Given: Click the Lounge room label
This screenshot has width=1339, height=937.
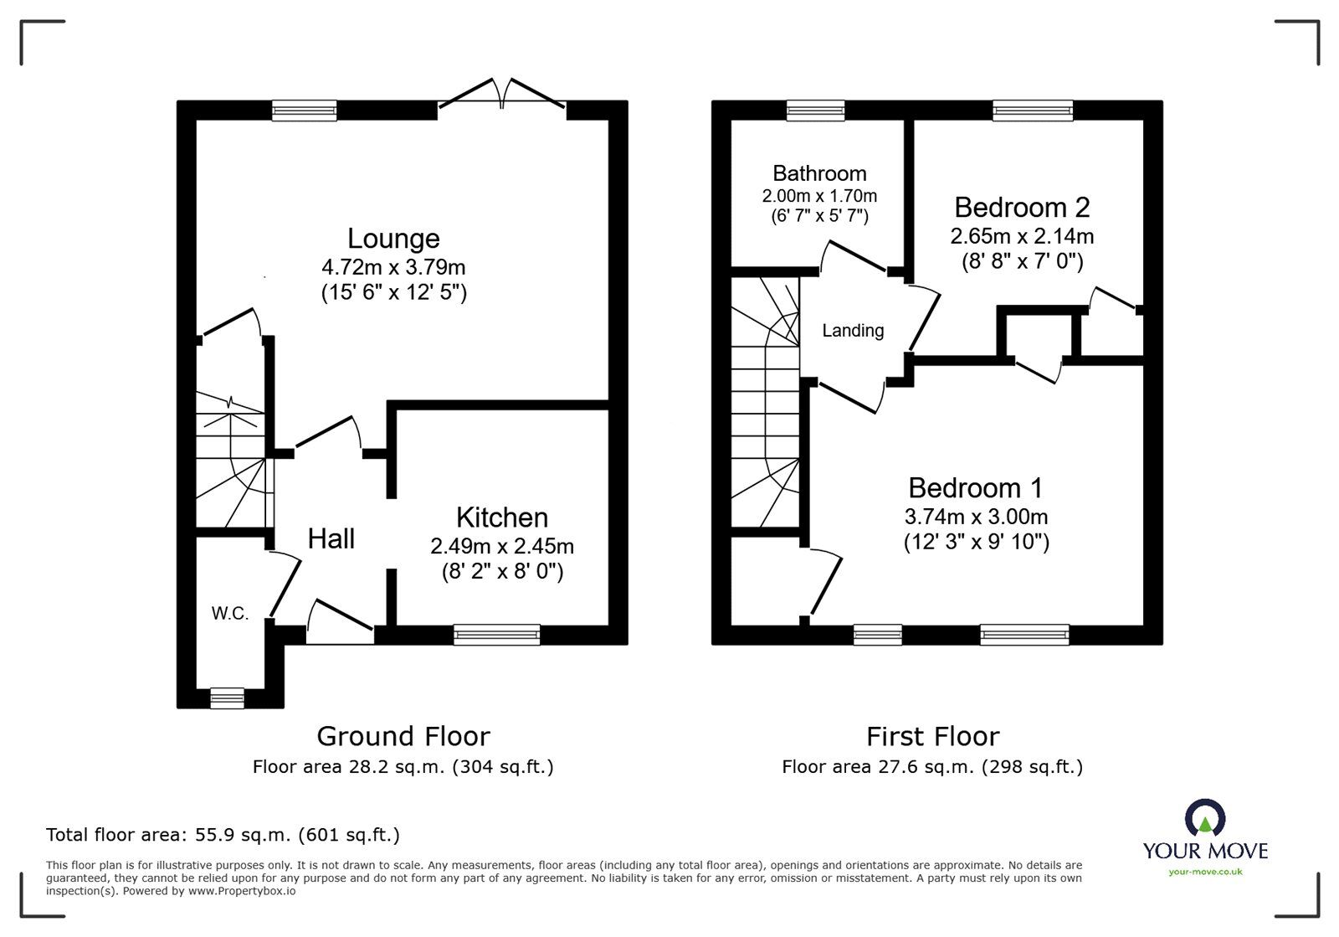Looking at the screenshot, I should (393, 239).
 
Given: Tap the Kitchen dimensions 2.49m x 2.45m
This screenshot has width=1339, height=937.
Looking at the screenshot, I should (502, 547).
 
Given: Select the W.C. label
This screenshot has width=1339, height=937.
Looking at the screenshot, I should (229, 614).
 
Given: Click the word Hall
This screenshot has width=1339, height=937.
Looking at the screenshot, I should (331, 538).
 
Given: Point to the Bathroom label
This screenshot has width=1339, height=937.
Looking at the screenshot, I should (819, 173).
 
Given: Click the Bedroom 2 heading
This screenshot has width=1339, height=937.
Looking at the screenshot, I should (1022, 207).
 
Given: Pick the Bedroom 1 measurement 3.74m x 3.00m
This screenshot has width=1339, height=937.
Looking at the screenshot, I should (976, 517).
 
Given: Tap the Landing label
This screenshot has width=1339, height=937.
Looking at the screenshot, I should (853, 331).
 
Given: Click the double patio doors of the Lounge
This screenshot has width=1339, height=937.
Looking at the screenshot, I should (502, 94).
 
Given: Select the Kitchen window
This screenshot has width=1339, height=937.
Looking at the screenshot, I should (496, 636).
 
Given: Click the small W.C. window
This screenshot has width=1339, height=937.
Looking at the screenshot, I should (227, 698).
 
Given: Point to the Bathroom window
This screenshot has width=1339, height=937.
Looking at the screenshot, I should (815, 111).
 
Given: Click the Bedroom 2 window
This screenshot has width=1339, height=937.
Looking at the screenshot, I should (1032, 111).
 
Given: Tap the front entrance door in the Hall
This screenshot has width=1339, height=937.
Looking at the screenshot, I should (340, 624).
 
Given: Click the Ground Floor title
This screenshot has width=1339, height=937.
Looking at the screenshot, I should (403, 736).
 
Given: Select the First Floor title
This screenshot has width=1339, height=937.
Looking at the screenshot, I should (932, 736).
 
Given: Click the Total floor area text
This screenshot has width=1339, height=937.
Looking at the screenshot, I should (223, 835).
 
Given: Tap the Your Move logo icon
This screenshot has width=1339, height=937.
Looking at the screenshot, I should (1205, 818).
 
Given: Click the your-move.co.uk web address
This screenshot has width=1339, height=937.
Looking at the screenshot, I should (1205, 872).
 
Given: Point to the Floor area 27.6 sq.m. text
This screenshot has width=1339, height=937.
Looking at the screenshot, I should (932, 766).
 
